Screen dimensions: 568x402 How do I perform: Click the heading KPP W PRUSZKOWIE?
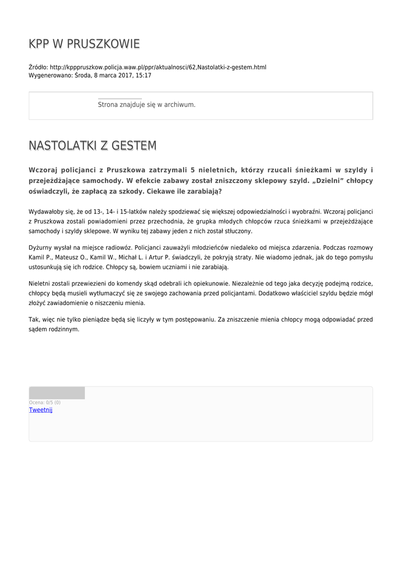pos(84,44)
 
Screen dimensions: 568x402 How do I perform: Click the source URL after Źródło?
pos(157,67)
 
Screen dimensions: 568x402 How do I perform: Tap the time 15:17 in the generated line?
pos(144,75)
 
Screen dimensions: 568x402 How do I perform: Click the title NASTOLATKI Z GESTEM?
pos(93,145)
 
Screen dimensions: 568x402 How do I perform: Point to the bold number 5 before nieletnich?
pos(192,170)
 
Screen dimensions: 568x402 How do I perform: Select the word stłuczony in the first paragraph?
pos(238,231)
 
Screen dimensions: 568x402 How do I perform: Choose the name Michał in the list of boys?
pos(128,257)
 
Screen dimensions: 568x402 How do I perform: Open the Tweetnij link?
pos(40,409)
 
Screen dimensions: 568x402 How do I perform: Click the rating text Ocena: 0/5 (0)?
pos(45,402)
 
